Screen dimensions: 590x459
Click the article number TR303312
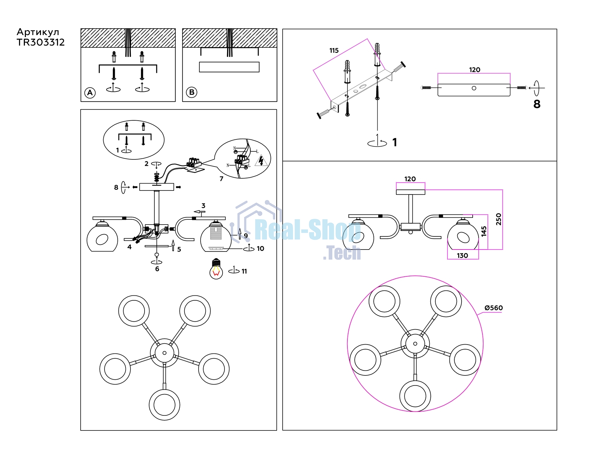(x=41, y=42)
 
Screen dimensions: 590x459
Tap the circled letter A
(x=90, y=93)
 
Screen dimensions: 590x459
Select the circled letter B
(x=192, y=92)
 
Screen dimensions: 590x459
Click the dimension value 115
(x=334, y=50)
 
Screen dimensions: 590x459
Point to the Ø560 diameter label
(x=494, y=308)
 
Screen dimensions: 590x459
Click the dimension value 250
(x=499, y=219)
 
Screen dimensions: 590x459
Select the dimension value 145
(x=484, y=231)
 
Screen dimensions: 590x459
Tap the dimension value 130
(x=462, y=255)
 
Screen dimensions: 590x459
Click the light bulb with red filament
(x=216, y=269)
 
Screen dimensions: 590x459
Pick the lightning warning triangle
(x=261, y=161)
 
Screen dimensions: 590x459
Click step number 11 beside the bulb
(x=244, y=271)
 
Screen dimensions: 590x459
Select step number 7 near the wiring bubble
(x=222, y=179)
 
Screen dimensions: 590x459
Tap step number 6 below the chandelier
(x=157, y=269)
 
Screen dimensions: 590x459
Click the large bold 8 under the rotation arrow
(x=537, y=104)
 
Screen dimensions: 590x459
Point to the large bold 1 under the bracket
(x=395, y=142)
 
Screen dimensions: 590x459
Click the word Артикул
(x=38, y=32)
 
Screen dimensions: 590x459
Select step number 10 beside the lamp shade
(x=261, y=249)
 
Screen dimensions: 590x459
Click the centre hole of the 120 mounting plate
(x=474, y=88)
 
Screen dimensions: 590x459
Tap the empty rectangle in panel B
(x=229, y=67)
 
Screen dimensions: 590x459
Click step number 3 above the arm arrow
(x=204, y=206)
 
